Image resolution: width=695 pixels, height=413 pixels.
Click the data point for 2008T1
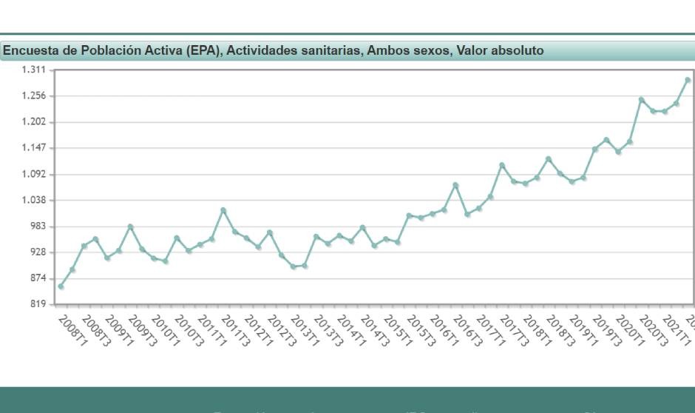point(61,286)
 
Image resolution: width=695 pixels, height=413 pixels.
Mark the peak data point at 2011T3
point(223,211)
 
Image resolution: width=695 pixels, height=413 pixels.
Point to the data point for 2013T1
point(293,266)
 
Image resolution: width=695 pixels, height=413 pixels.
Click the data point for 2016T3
point(455,185)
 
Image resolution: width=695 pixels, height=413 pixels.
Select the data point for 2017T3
point(502,165)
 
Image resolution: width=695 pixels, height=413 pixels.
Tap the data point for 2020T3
point(642,99)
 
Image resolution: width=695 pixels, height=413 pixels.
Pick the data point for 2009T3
point(130,226)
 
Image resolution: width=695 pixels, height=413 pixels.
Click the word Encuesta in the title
point(30,51)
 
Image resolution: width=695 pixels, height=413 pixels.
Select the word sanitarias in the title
point(321,51)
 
